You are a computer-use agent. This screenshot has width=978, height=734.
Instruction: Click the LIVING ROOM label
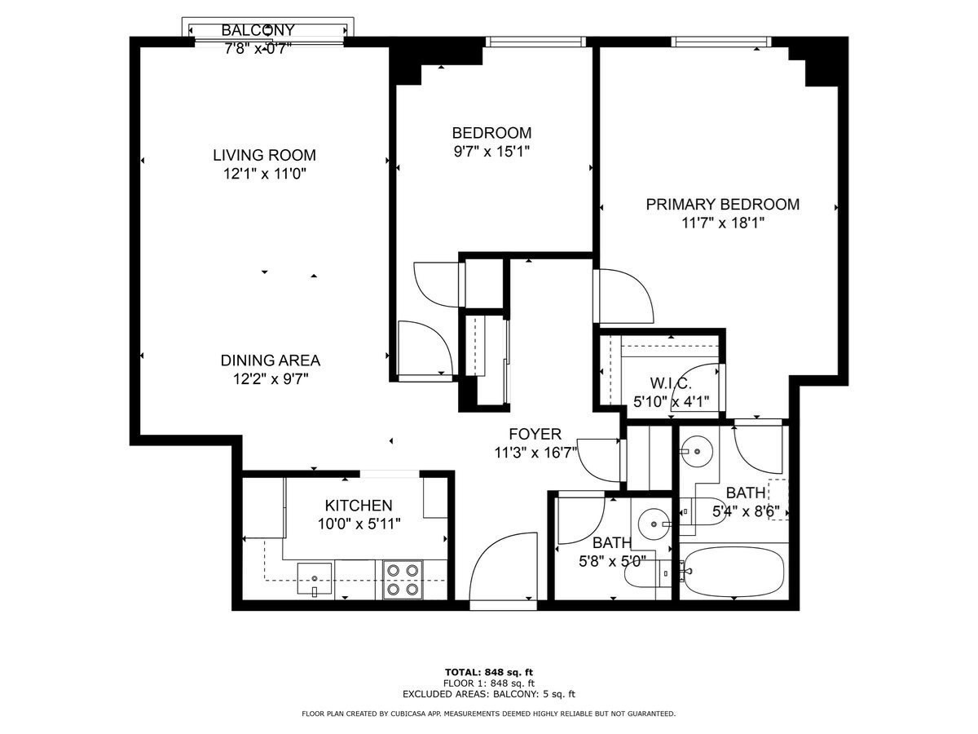coord(264,155)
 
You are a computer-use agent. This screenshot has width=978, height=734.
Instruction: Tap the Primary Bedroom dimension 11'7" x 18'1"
coord(722,223)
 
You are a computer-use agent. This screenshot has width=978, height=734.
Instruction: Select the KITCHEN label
coord(359,506)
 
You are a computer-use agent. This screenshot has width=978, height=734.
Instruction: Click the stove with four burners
coord(402,579)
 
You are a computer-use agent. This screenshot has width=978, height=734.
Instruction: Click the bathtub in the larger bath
coord(733,570)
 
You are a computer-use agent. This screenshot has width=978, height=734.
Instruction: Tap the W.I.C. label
coord(671,383)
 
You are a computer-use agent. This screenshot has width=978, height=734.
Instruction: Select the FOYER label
coord(535,434)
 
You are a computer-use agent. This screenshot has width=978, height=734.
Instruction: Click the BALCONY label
coord(258,30)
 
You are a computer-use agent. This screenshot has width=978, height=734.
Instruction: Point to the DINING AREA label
coord(270,360)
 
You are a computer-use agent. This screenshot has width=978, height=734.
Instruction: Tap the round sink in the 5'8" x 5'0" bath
coord(653,524)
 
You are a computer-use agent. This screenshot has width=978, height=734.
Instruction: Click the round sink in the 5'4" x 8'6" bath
coord(698,449)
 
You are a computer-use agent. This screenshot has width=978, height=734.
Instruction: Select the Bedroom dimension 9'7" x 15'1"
coord(491,151)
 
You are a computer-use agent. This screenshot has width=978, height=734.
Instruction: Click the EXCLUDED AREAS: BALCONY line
coord(488,694)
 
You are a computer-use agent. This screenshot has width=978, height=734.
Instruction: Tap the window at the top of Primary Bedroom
coord(721,42)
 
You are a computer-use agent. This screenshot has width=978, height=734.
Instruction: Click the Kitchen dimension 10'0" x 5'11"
coord(359,523)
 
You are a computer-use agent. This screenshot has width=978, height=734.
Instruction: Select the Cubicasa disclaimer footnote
coord(488,714)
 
